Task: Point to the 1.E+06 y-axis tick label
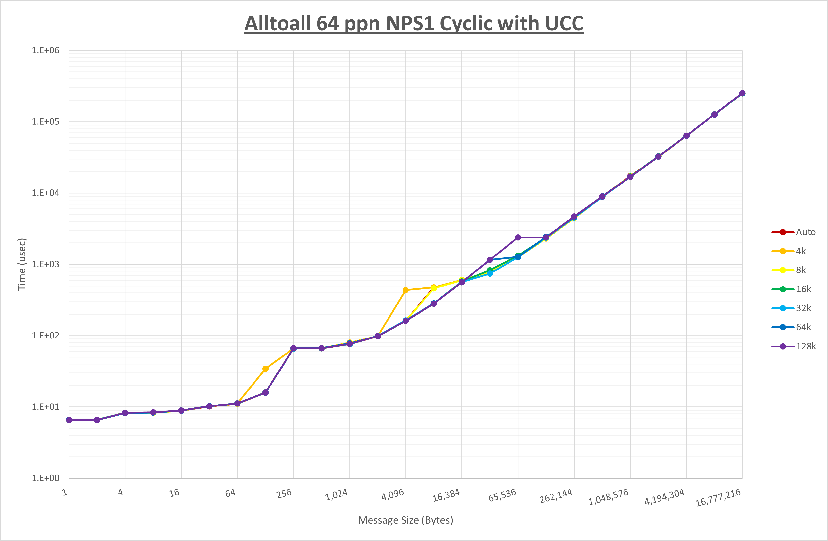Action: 46,51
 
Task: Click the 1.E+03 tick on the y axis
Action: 46,264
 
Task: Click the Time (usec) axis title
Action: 22,264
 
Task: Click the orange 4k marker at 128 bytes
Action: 265,369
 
